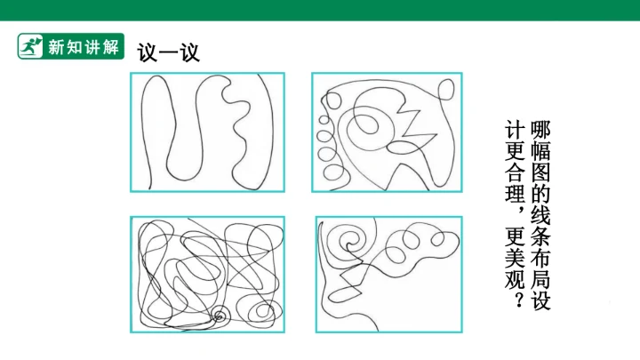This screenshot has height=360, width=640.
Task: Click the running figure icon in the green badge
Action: [x=30, y=46]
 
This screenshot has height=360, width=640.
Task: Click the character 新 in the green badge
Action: [x=56, y=47]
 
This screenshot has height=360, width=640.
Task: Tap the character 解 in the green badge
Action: [x=110, y=47]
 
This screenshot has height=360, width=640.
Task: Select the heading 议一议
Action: [x=168, y=52]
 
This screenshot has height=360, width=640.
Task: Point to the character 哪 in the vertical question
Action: [x=540, y=130]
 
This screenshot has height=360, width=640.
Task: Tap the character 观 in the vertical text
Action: [x=515, y=279]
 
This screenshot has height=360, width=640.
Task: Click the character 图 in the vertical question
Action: [x=540, y=172]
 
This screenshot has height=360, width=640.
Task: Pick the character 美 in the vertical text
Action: [x=515, y=258]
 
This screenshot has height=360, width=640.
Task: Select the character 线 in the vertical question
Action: [x=540, y=215]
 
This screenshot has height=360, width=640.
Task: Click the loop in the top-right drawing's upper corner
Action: [x=445, y=90]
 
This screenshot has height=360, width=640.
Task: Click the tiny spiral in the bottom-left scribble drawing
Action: [x=220, y=316]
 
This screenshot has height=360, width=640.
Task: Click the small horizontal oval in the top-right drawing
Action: [x=404, y=148]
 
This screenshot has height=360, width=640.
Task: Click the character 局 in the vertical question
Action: [x=540, y=278]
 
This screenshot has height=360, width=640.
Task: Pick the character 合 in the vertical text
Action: [x=515, y=172]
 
